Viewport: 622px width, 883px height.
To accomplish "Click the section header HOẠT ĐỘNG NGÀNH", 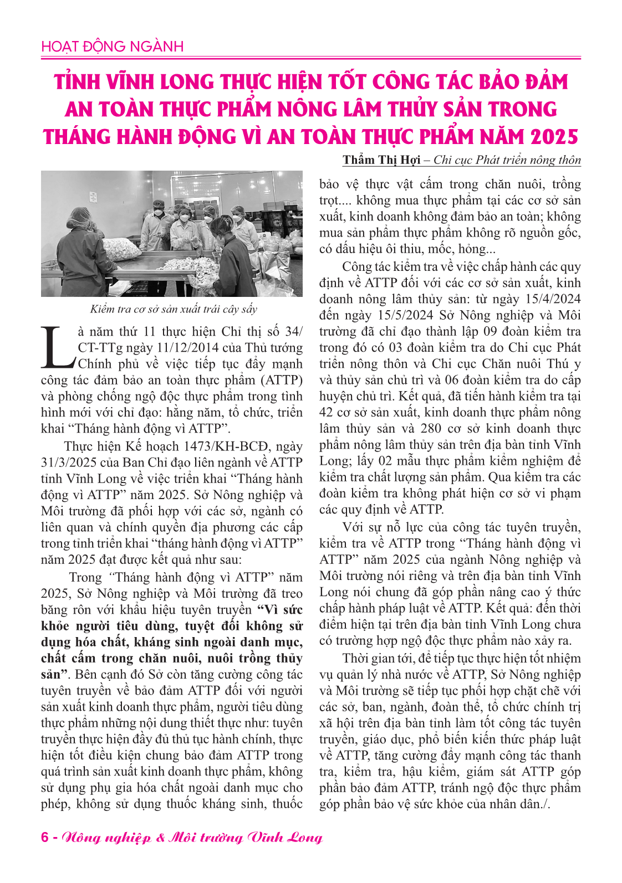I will coord(112,47).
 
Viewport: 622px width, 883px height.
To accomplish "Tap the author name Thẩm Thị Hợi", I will coord(381,160).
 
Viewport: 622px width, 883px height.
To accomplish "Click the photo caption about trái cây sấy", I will coord(174,309).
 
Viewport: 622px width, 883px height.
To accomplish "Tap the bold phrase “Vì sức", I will coord(281,610).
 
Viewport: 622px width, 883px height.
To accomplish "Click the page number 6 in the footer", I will coord(44,837).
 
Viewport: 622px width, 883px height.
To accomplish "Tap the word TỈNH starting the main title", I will coord(77,82).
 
